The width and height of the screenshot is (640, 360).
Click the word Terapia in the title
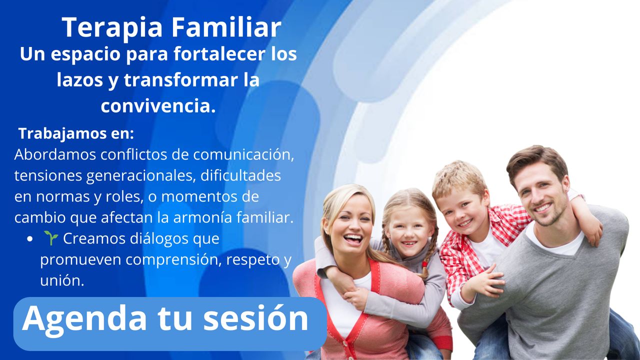[112, 28]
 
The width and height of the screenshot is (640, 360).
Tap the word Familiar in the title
[226, 27]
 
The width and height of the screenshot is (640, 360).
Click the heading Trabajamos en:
[76, 133]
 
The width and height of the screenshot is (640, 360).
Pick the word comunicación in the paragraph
[243, 154]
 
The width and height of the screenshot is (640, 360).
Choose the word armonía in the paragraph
[202, 217]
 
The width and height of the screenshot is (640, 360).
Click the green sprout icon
[51, 238]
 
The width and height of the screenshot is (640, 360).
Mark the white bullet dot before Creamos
[29, 239]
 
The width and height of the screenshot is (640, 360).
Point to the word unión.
[62, 280]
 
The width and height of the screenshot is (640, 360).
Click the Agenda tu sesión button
[170, 324]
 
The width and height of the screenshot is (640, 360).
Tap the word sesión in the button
[255, 318]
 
